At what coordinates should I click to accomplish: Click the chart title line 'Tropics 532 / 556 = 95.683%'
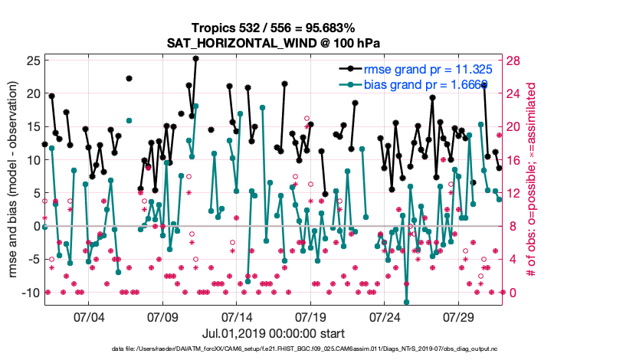(274, 28)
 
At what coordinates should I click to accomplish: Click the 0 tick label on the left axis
(36, 226)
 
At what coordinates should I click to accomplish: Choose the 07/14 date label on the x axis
(237, 316)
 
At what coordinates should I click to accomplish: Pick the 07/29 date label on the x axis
(459, 316)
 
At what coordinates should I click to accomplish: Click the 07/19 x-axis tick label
(310, 316)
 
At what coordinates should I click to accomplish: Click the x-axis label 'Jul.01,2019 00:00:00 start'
(274, 333)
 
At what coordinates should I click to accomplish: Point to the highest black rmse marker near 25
(196, 58)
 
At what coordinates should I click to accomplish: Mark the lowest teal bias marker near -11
(407, 302)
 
